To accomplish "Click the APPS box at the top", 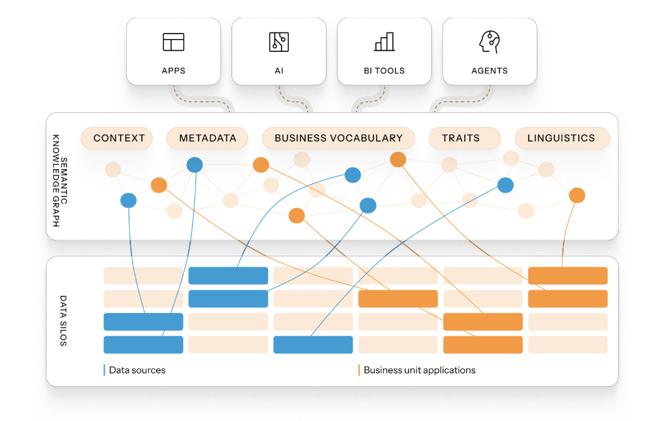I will click(x=174, y=51).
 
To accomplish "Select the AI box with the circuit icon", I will click(x=279, y=51).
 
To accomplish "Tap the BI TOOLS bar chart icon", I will click(x=384, y=41).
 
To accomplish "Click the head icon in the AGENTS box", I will click(x=489, y=41).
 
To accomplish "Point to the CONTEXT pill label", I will click(x=119, y=138).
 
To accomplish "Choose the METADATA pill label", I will click(x=208, y=138).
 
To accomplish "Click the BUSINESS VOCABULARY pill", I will click(x=339, y=138).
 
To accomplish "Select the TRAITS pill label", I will click(x=461, y=138).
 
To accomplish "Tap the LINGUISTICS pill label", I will click(x=561, y=138).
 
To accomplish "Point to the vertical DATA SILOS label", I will click(x=63, y=321).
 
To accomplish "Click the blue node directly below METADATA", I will click(x=194, y=164).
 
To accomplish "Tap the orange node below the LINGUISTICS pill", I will click(x=576, y=195).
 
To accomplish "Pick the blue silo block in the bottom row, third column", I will click(x=313, y=345).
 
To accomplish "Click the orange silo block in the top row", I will click(x=568, y=276).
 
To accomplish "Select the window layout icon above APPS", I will click(x=174, y=41).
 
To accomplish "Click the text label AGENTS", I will click(x=489, y=71).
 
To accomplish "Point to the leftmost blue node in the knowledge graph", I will click(x=129, y=200).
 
